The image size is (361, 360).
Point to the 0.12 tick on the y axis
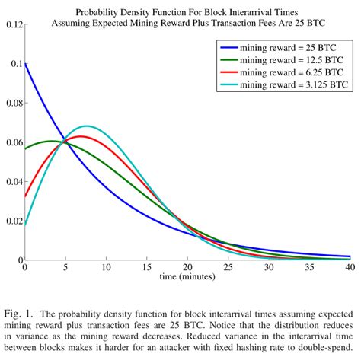13,25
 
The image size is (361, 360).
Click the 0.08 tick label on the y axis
13,104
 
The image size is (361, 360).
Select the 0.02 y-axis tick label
13,221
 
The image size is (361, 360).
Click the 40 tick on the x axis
350,269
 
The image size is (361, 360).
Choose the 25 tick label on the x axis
228,269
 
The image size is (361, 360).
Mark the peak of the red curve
80,136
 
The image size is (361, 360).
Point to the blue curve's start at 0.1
26,65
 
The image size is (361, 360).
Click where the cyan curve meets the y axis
26,225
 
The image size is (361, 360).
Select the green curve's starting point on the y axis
26,148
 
